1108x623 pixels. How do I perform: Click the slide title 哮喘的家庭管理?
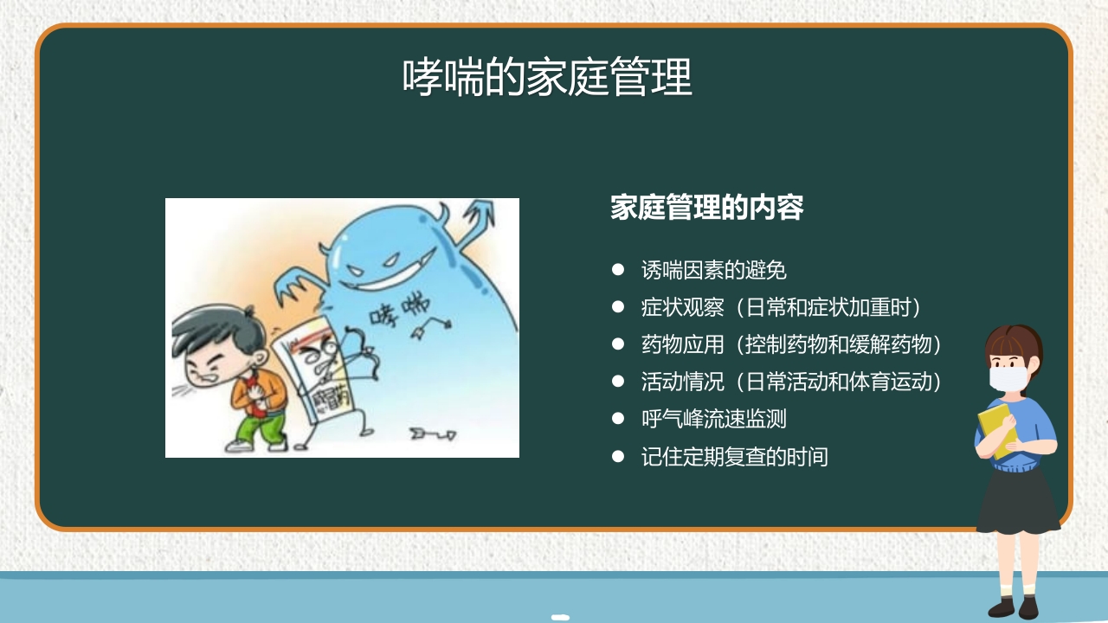click(x=547, y=78)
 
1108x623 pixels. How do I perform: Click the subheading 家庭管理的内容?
click(x=706, y=208)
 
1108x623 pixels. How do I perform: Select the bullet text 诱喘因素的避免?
click(x=713, y=270)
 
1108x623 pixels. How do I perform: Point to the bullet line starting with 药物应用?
click(x=790, y=344)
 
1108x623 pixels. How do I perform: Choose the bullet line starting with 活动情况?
click(x=790, y=382)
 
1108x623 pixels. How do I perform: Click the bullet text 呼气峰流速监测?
click(x=713, y=419)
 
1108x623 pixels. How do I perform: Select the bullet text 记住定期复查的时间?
click(x=734, y=456)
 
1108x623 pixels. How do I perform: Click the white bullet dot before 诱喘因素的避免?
click(x=618, y=270)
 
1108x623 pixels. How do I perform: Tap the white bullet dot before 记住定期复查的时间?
click(x=618, y=456)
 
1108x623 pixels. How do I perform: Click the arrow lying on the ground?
click(x=432, y=432)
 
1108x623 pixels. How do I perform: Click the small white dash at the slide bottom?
click(x=560, y=617)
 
